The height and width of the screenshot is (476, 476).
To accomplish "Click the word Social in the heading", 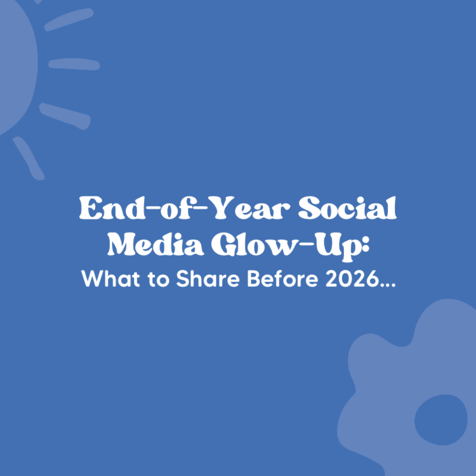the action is (x=347, y=208).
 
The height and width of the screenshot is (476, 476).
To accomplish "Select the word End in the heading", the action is (x=112, y=208).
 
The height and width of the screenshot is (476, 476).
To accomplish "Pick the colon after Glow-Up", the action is (x=365, y=247).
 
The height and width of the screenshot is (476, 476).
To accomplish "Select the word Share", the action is (x=208, y=279).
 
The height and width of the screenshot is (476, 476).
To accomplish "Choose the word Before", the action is (x=283, y=279).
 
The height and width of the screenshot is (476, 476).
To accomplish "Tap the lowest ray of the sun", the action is (x=29, y=158).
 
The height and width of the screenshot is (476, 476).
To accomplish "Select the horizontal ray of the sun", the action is (x=74, y=64).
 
